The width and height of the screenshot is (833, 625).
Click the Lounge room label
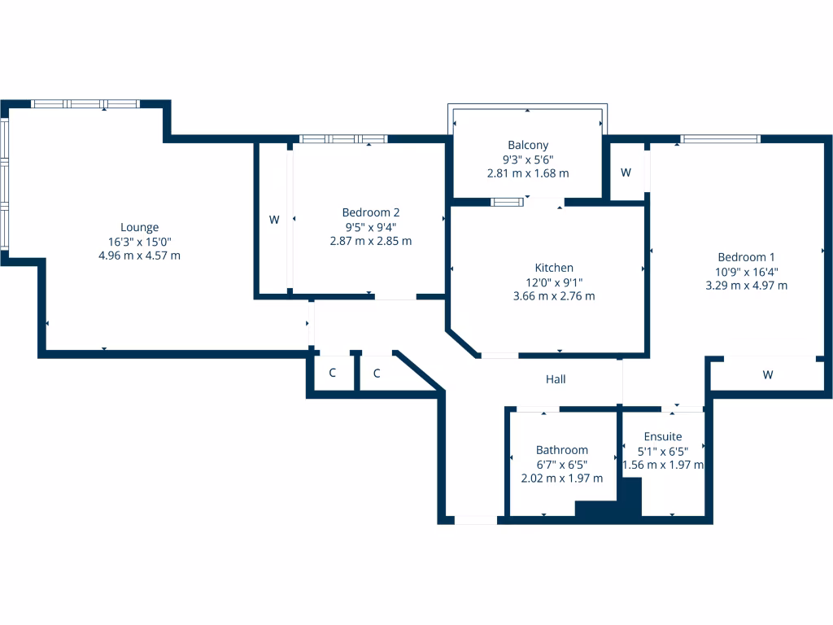(x=139, y=228)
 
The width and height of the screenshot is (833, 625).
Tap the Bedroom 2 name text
(x=371, y=212)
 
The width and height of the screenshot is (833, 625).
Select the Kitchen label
(x=554, y=268)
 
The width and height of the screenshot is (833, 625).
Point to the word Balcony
(x=528, y=145)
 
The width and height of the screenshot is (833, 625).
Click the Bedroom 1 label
(x=746, y=257)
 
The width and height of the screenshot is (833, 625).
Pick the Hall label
(x=556, y=379)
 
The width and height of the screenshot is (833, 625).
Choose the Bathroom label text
(x=561, y=450)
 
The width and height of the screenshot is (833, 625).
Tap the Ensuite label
(x=663, y=437)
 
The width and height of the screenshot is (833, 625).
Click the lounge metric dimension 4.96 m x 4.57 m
(x=139, y=256)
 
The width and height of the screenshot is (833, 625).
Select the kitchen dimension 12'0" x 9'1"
(x=554, y=282)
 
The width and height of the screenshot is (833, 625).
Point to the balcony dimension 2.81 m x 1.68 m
(x=528, y=173)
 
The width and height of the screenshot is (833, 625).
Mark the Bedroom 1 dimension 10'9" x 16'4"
(x=746, y=272)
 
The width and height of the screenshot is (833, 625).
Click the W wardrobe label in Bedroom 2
(x=274, y=220)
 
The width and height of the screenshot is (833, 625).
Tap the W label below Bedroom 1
(x=767, y=375)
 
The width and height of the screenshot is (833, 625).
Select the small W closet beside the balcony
(x=626, y=173)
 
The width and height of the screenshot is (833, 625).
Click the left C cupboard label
(x=332, y=374)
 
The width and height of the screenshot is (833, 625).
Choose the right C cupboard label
(x=377, y=374)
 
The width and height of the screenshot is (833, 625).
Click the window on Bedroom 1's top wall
(x=721, y=139)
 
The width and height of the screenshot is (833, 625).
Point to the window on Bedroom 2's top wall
(x=342, y=139)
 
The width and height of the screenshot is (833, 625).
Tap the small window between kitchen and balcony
(x=508, y=201)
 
